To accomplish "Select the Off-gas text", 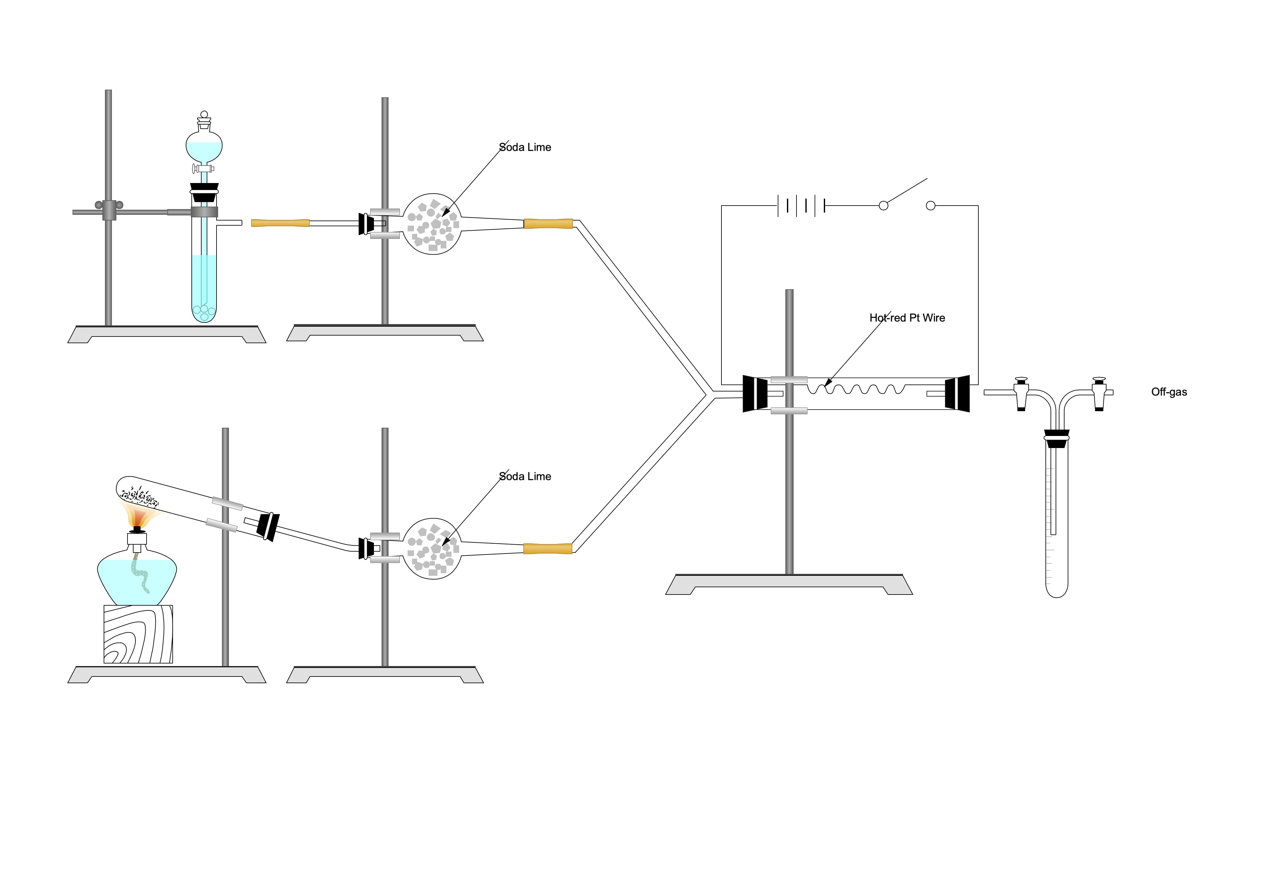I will tap(1168, 392).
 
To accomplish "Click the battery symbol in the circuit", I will tap(801, 206).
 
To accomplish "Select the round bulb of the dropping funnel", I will tap(204, 145).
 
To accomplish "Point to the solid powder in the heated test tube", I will tap(139, 496).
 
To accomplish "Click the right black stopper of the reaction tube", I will tap(958, 394).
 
